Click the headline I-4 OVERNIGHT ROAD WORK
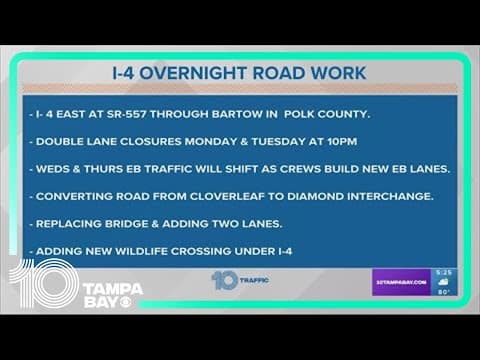(x=240, y=73)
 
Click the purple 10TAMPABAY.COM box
(x=400, y=282)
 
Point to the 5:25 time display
(x=444, y=273)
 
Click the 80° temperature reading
(x=444, y=291)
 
